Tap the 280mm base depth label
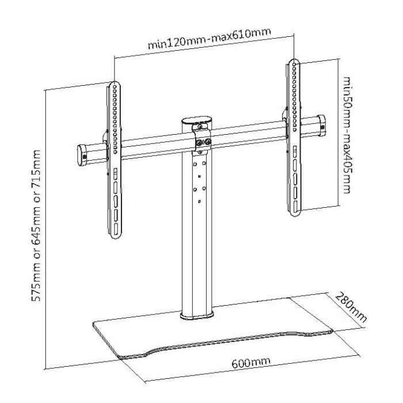[349, 309]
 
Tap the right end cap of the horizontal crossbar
[321, 123]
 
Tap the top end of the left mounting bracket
[113, 85]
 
